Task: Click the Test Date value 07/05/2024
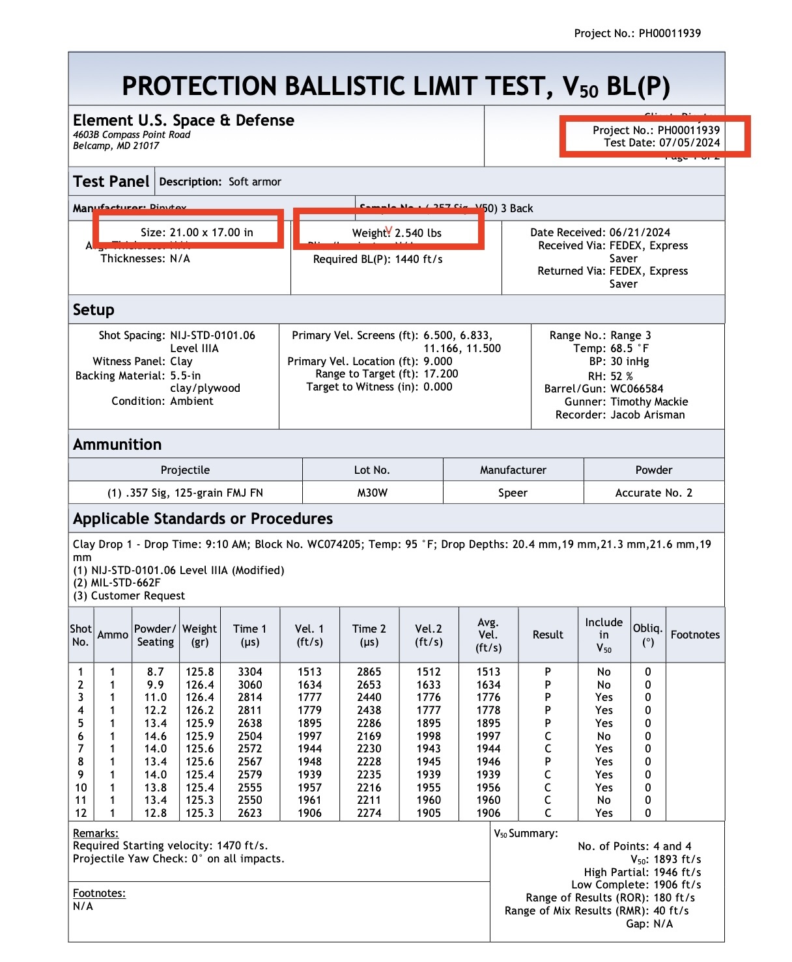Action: (x=689, y=143)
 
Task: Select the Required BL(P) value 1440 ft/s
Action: (x=419, y=259)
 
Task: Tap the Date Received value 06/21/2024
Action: (x=640, y=232)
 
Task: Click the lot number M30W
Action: (x=373, y=493)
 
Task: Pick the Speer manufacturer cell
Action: (x=513, y=493)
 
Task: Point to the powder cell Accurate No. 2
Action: (x=654, y=493)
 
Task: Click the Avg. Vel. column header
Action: (x=488, y=635)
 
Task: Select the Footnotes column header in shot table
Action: (x=695, y=635)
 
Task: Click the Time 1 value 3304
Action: (x=250, y=672)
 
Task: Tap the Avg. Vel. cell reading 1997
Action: (x=488, y=736)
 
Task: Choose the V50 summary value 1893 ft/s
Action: (x=677, y=859)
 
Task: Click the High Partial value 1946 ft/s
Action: (x=677, y=872)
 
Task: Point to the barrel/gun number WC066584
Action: (x=637, y=389)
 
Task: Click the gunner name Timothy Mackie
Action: (x=649, y=402)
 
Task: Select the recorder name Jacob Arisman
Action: (x=647, y=415)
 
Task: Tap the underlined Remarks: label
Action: (x=95, y=833)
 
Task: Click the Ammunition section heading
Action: (x=117, y=445)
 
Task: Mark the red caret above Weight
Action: (x=389, y=230)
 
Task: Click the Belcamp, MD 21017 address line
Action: (x=116, y=146)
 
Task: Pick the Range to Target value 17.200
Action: (x=440, y=374)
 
